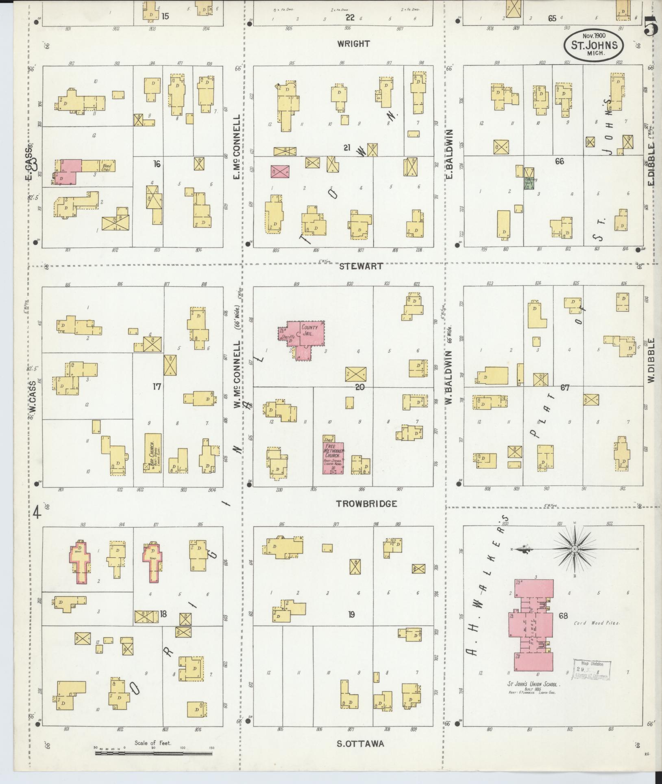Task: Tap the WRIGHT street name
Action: point(353,44)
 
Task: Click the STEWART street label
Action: point(361,266)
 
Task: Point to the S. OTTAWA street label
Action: point(360,744)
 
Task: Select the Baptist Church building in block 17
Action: point(152,452)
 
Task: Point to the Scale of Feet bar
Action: point(154,753)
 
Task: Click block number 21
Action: point(346,148)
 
